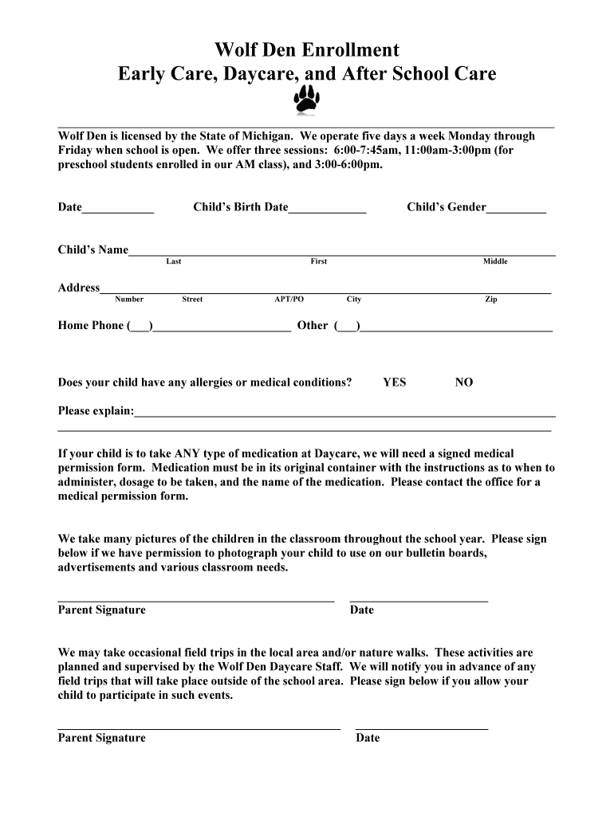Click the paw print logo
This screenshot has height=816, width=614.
(x=307, y=101)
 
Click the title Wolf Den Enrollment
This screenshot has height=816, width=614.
(x=307, y=50)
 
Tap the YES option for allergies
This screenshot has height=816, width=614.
(x=394, y=382)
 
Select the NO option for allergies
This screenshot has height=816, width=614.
(x=463, y=382)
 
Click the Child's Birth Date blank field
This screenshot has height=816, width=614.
(x=327, y=209)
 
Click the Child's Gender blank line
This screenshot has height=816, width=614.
(x=516, y=209)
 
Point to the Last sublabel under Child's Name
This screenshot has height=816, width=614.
(x=173, y=261)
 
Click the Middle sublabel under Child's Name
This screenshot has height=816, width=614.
(x=494, y=261)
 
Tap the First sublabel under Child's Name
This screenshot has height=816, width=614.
(x=318, y=261)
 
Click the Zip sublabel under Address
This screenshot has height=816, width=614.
(x=491, y=300)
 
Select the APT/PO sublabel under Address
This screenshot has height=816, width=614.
(x=289, y=300)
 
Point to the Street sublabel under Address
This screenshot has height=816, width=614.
(x=192, y=300)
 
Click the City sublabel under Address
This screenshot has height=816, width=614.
(x=353, y=300)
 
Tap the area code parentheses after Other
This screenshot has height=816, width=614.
(x=347, y=326)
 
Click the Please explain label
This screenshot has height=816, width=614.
(x=96, y=411)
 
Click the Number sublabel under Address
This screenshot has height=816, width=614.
(x=129, y=300)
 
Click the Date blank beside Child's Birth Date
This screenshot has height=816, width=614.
(x=118, y=209)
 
